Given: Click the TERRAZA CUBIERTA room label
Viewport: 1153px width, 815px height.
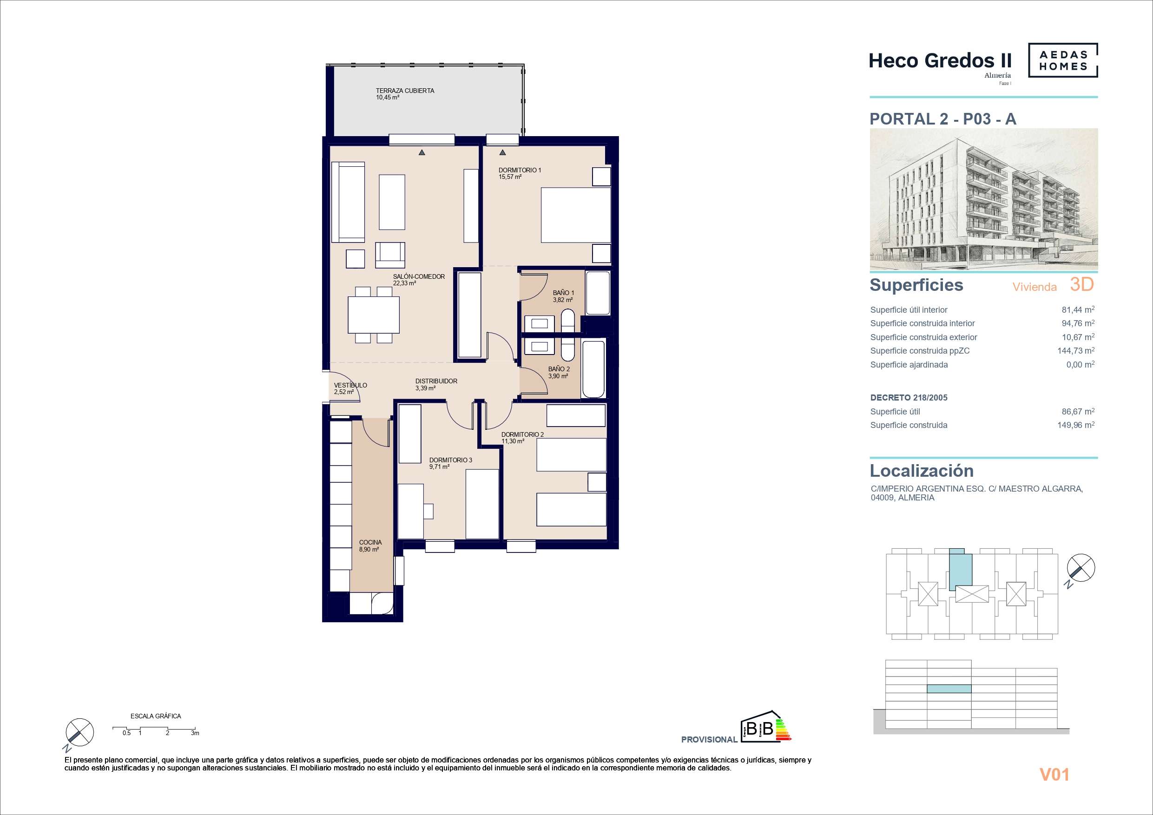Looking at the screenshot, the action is coord(405,91).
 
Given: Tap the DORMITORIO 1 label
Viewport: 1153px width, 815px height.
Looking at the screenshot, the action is coord(520,170).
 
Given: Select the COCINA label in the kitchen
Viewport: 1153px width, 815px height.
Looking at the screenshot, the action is coord(370,542).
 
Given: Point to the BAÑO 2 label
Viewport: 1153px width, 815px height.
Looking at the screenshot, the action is coord(559,369).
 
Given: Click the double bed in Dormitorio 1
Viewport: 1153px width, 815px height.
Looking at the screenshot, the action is coord(575,215).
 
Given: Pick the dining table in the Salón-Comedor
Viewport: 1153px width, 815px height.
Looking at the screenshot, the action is coord(374,315).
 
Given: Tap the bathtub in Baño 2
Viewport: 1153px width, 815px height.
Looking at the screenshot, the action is coord(593,370).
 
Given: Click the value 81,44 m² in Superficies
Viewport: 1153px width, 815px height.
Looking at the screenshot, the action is coord(1078,310).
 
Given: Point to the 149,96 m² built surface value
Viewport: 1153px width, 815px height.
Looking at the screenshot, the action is coord(1076,425).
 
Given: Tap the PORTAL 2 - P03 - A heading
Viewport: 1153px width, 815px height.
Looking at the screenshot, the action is coord(942,119).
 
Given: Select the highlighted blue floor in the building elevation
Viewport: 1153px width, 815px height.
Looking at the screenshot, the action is coord(949,689).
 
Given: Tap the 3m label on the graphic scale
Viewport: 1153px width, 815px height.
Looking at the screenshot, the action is coord(195,733).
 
